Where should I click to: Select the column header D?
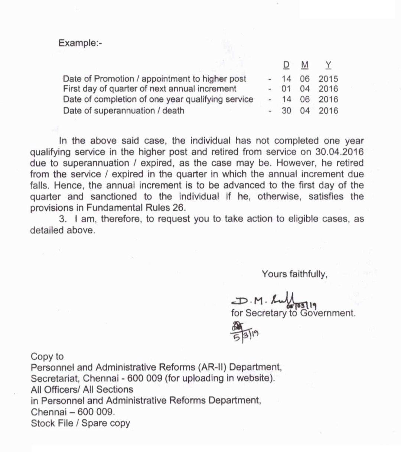(x=286, y=65)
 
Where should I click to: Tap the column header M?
(x=305, y=65)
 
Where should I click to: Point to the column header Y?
(x=328, y=65)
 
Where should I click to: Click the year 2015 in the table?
(x=328, y=79)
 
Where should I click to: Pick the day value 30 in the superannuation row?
(x=286, y=110)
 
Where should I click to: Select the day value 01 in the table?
(x=286, y=89)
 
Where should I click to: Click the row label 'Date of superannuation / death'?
(x=123, y=110)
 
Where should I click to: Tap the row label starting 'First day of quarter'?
(x=149, y=89)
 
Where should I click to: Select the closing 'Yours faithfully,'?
(x=294, y=274)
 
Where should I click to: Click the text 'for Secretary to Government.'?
(x=293, y=313)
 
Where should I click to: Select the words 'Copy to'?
(x=47, y=356)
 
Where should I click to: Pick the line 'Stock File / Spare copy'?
(x=81, y=423)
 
